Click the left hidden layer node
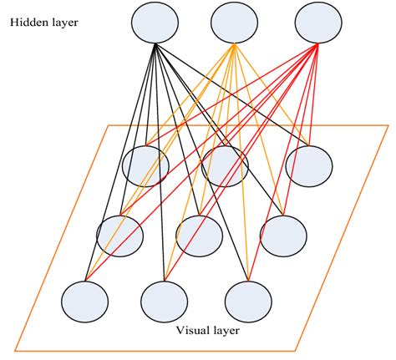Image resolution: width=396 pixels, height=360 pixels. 155,23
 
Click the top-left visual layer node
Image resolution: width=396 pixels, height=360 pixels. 145,165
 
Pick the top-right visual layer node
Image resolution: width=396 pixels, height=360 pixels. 308,165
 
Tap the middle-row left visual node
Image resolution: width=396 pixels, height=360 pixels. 119,235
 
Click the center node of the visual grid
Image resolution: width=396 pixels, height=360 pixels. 199,235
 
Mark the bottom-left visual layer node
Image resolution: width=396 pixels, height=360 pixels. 85,300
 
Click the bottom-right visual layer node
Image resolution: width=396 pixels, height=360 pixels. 248,300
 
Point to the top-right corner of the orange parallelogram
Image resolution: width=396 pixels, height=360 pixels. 388,125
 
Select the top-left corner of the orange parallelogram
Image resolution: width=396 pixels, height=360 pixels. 106,125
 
